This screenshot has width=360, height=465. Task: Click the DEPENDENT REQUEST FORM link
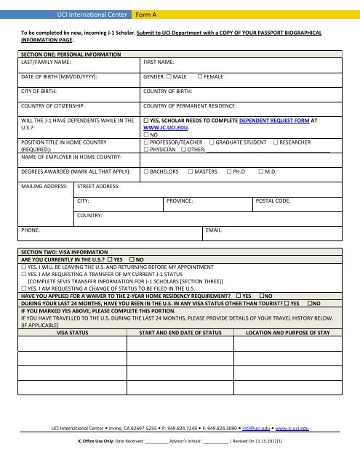click(270, 119)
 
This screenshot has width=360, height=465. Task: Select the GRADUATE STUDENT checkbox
click(212, 142)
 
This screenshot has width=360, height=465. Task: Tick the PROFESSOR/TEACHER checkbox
click(146, 142)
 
